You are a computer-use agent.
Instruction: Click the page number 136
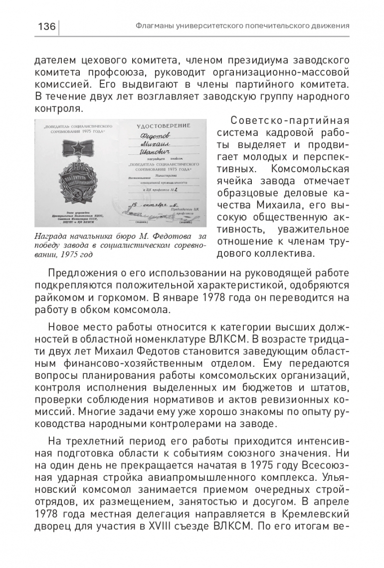(46, 26)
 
